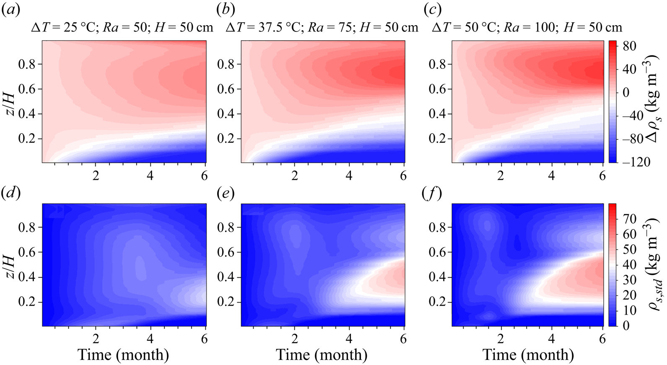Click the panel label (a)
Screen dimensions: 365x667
[11, 10]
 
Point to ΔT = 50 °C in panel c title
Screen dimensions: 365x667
[465, 28]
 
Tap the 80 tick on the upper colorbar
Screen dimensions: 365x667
[629, 45]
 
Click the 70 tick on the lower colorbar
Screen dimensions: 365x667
[630, 219]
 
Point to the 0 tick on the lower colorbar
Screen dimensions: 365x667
[626, 326]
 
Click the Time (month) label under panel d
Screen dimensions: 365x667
[123, 355]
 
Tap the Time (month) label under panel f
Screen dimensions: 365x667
[528, 355]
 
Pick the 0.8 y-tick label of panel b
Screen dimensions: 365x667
[227, 65]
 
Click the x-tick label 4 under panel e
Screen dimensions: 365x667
[349, 339]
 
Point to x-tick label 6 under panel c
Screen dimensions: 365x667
[602, 176]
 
